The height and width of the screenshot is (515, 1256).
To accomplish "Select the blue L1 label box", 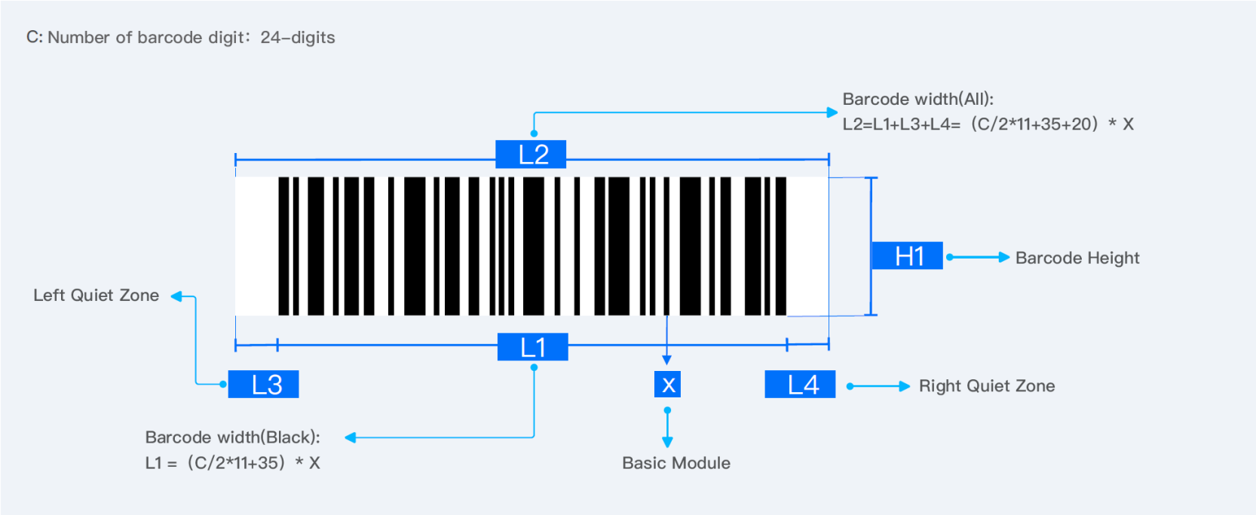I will (x=532, y=348).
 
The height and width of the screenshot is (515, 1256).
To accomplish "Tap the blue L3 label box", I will (x=264, y=385).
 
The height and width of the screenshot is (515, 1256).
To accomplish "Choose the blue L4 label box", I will (x=800, y=385).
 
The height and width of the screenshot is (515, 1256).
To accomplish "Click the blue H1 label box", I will (x=907, y=256).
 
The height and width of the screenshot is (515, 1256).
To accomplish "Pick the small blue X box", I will (x=667, y=385).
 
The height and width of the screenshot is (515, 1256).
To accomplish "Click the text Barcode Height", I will (x=1077, y=258).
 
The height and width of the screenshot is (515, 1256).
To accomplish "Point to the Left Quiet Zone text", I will (x=96, y=296).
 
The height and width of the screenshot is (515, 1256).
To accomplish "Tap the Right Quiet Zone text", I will (x=986, y=386).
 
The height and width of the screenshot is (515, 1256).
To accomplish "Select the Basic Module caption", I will (x=675, y=463).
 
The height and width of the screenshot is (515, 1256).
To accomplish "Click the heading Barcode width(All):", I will (x=917, y=100).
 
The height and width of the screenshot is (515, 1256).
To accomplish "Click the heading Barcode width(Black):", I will (x=232, y=437).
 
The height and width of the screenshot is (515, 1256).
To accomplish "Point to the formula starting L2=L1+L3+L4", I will (x=988, y=124).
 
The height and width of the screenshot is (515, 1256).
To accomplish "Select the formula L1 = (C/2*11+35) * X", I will (x=232, y=463).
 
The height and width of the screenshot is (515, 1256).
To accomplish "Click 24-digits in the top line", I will (x=298, y=38).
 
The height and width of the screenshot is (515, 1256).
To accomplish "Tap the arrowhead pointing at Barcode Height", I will (x=1004, y=257).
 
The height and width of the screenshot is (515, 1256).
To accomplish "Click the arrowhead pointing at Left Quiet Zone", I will (x=176, y=296).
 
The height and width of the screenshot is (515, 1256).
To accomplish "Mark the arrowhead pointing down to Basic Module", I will (x=667, y=442).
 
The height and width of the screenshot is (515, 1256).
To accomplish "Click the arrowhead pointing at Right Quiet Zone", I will (x=905, y=386).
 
